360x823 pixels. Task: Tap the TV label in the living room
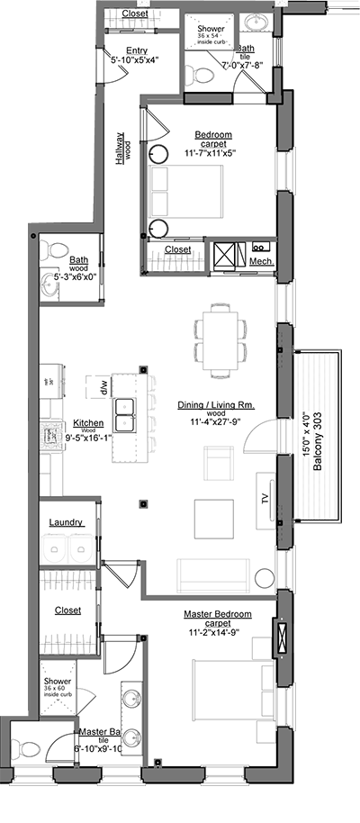pyautogui.click(x=266, y=498)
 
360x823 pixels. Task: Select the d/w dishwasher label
pyautogui.click(x=104, y=387)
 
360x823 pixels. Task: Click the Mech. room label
pyautogui.click(x=261, y=261)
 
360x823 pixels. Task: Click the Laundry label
pyautogui.click(x=67, y=521)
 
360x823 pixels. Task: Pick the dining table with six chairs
pyautogui.click(x=220, y=337)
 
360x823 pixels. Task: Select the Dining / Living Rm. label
pyautogui.click(x=215, y=406)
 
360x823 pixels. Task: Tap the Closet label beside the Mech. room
pyautogui.click(x=177, y=249)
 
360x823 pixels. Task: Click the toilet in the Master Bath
pyautogui.click(x=27, y=749)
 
